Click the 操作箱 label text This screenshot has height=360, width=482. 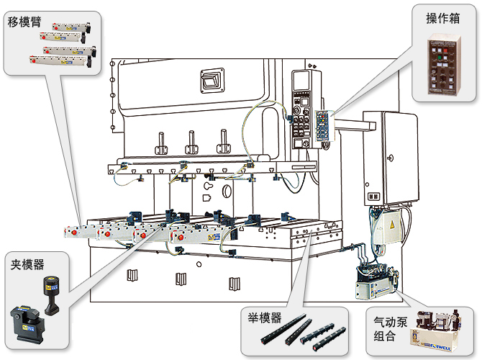click(x=439, y=19)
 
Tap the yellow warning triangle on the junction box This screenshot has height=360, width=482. click(x=392, y=225)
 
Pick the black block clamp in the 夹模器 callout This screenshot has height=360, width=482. click(x=26, y=323)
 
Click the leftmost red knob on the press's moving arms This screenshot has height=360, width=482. click(x=71, y=232)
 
